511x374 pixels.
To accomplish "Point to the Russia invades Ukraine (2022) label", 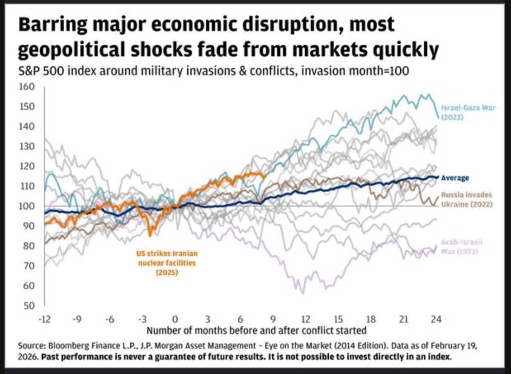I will [x=466, y=200].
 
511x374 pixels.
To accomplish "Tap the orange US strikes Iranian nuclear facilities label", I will [x=167, y=263].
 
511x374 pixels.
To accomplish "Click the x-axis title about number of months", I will [x=256, y=330].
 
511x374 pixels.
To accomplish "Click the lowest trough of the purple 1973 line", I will [x=303, y=293].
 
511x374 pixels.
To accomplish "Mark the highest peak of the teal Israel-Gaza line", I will [x=428, y=94].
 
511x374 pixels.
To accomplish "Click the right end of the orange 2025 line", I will [x=266, y=175].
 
